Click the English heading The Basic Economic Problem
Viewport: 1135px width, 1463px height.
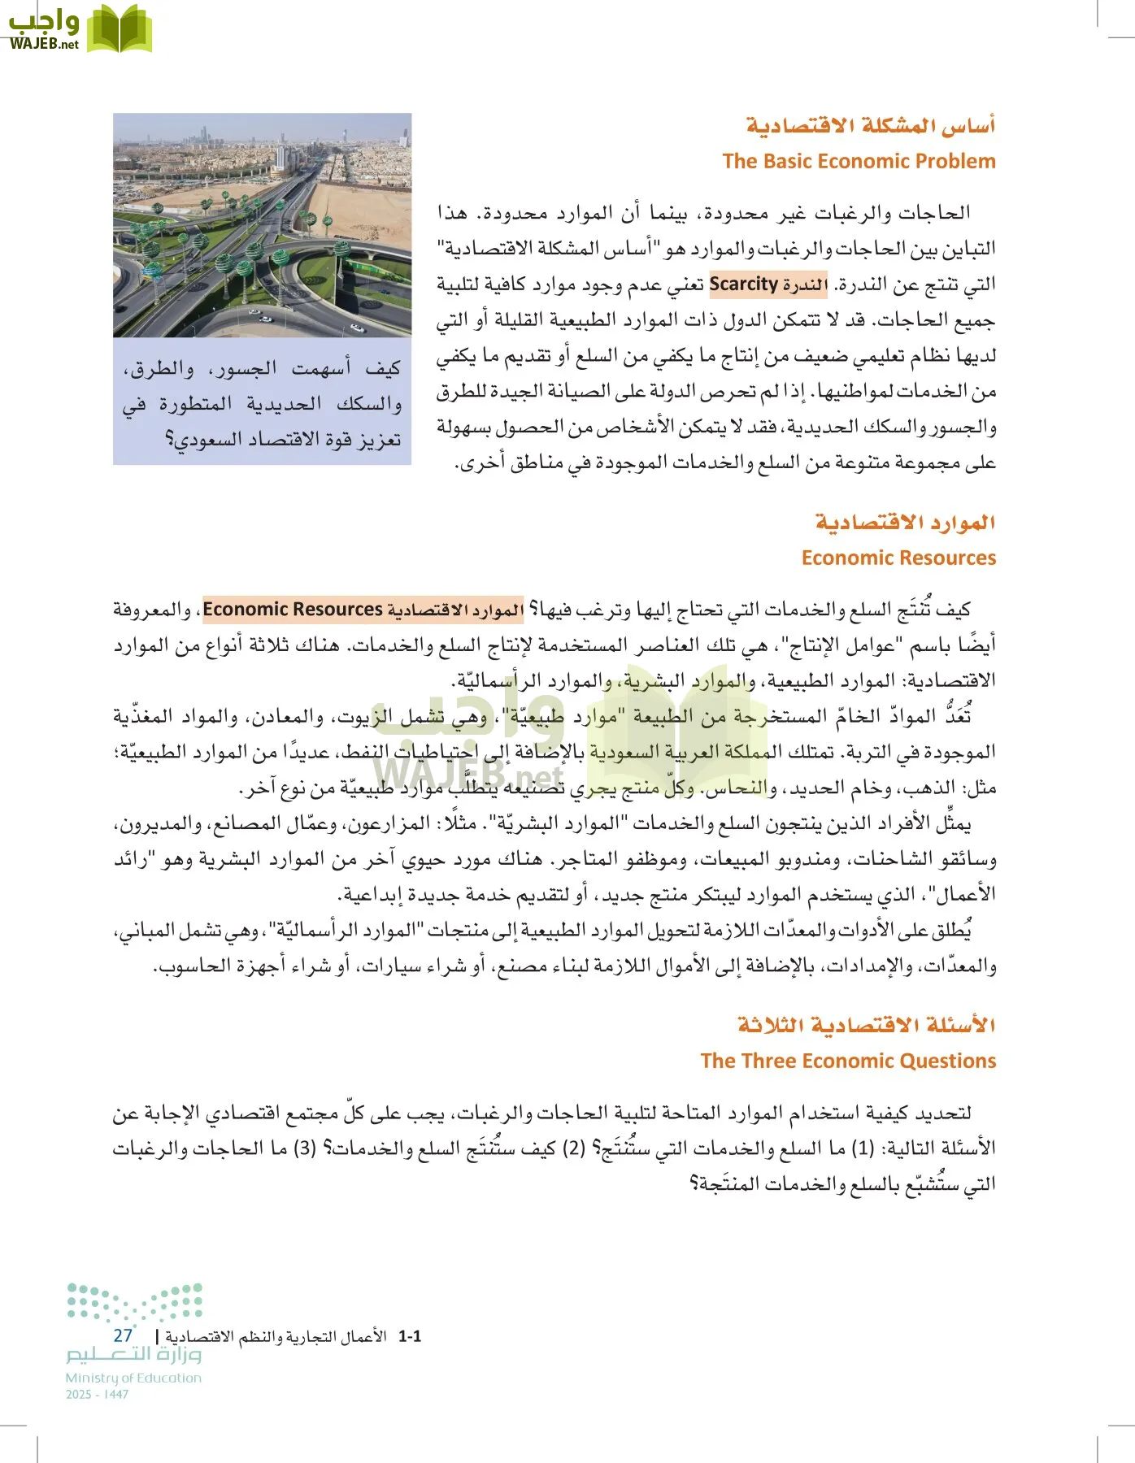(859, 161)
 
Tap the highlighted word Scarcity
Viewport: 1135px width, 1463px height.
(743, 284)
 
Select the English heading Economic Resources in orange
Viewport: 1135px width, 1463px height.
(898, 558)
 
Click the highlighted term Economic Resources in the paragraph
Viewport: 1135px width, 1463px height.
(292, 609)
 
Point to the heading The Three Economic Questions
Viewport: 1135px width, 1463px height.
(848, 1061)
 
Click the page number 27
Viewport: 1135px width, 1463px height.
(123, 1335)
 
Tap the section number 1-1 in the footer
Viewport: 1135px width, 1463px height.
(410, 1336)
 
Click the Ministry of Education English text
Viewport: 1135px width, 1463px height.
(133, 1378)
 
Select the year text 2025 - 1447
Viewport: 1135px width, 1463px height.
(97, 1394)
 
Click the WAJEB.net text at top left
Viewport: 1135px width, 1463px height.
(44, 44)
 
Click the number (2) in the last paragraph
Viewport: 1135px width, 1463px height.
(574, 1148)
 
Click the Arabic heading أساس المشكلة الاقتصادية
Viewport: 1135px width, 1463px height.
(871, 126)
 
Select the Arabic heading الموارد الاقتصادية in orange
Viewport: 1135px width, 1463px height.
(905, 522)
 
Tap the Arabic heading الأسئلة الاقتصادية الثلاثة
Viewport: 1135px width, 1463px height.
(866, 1024)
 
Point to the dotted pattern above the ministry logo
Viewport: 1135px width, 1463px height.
(134, 1301)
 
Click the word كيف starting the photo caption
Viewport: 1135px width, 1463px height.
(383, 368)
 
